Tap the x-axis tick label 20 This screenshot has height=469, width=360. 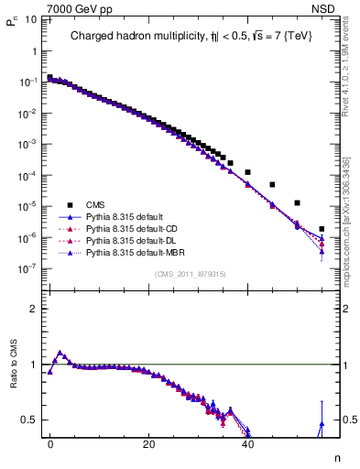[148, 442]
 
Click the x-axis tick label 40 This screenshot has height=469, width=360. [246, 442]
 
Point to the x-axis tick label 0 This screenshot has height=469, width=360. [50, 442]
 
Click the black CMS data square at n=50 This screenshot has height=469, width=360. [297, 202]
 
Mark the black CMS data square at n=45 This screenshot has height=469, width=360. [272, 184]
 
